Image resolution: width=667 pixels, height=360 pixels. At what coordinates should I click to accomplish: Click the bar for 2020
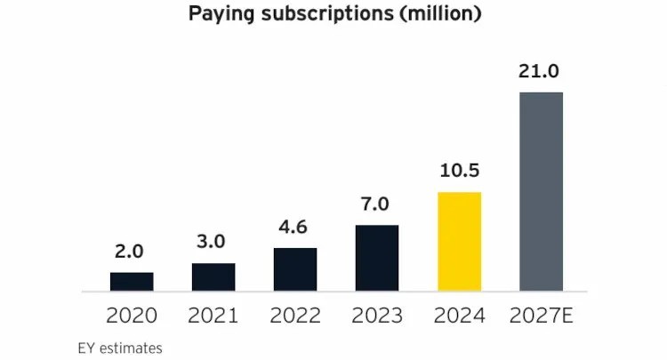pos(132,282)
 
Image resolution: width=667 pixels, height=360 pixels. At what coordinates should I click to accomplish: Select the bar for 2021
pos(213,277)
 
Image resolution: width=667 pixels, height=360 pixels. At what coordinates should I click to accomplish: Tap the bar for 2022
pos(295,269)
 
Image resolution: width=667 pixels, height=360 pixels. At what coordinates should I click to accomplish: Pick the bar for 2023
pos(377,258)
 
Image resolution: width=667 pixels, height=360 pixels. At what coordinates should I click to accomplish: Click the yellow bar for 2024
pos(459,242)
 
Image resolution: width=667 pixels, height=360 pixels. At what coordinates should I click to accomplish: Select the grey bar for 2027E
pos(541,191)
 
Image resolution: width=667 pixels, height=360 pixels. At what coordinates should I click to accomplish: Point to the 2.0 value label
pos(132,253)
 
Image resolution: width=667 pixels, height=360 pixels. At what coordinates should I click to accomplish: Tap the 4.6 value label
pos(295,228)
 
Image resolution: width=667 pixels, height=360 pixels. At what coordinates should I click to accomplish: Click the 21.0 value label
pos(541,72)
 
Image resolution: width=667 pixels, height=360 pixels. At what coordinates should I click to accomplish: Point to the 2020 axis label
pos(132,316)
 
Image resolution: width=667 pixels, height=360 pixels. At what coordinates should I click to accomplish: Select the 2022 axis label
pos(295,316)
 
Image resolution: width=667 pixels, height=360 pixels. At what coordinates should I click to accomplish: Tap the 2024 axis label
pos(459,316)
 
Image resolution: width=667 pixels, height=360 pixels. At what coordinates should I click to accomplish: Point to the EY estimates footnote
pos(120,348)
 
